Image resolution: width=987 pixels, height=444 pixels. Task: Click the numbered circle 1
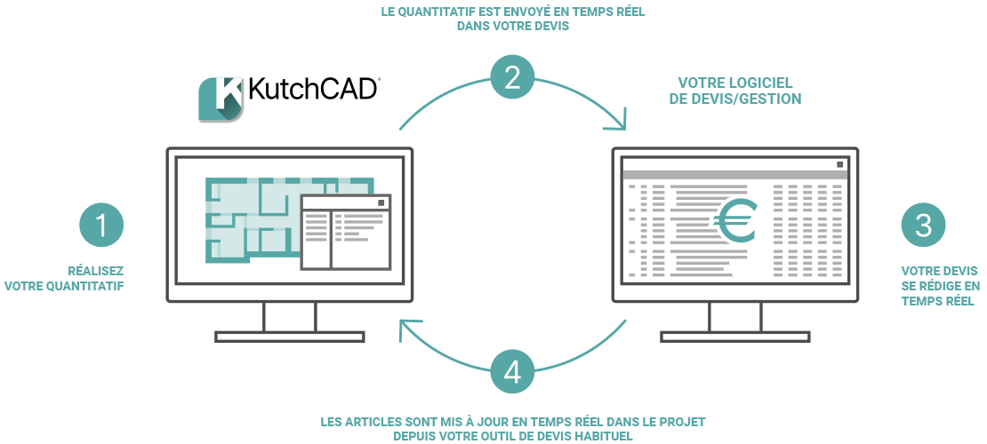(101, 226)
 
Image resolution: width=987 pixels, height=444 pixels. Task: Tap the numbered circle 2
(512, 78)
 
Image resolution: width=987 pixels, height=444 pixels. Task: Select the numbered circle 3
(923, 226)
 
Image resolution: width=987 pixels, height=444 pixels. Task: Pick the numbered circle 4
(512, 372)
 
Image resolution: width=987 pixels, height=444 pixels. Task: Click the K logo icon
(220, 99)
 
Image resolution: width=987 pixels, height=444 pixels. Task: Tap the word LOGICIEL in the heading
(768, 83)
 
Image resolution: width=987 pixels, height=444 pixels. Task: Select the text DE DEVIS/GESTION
(734, 99)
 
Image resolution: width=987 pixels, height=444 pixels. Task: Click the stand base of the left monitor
(290, 337)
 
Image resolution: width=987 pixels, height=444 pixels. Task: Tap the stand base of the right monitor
(734, 337)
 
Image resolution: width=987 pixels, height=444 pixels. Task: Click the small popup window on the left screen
(346, 232)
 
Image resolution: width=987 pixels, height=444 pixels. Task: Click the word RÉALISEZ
(96, 271)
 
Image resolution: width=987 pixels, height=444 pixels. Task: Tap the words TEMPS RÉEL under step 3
(937, 301)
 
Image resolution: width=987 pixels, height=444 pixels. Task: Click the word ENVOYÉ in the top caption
(510, 12)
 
